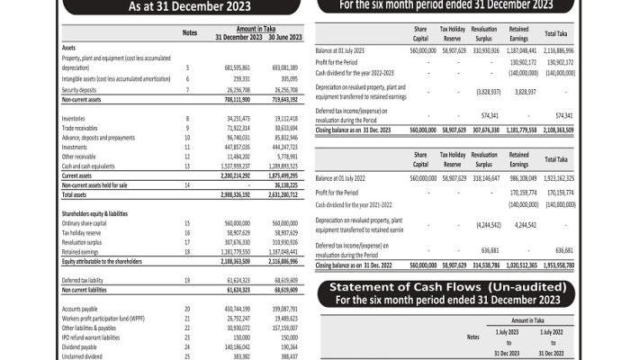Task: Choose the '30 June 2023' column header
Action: click(283, 37)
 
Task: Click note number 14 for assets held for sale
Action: click(186, 184)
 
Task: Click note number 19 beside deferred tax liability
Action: click(186, 282)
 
